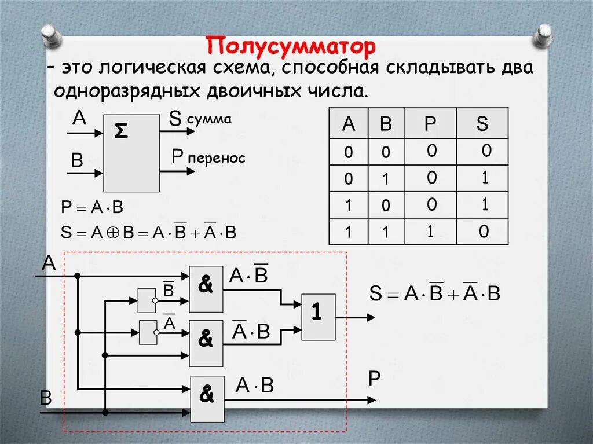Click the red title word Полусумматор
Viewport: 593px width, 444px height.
pyautogui.click(x=291, y=46)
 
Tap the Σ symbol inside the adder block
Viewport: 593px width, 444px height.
pyautogui.click(x=120, y=132)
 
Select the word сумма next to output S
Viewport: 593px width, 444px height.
pyautogui.click(x=208, y=119)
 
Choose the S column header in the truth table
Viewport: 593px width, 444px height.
pyautogui.click(x=482, y=123)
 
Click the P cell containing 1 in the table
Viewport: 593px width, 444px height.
pyautogui.click(x=430, y=232)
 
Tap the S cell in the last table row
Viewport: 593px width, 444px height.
pyautogui.click(x=484, y=232)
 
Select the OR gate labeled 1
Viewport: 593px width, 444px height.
pyautogui.click(x=318, y=316)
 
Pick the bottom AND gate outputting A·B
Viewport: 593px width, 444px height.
pyautogui.click(x=207, y=398)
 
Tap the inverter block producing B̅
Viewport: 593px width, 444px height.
pyautogui.click(x=147, y=300)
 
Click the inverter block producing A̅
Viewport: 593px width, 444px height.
pyautogui.click(x=148, y=332)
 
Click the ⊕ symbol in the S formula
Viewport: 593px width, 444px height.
pyautogui.click(x=114, y=233)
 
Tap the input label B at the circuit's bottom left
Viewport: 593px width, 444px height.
pyautogui.click(x=46, y=398)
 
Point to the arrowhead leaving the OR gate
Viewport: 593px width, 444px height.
pyautogui.click(x=370, y=317)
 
